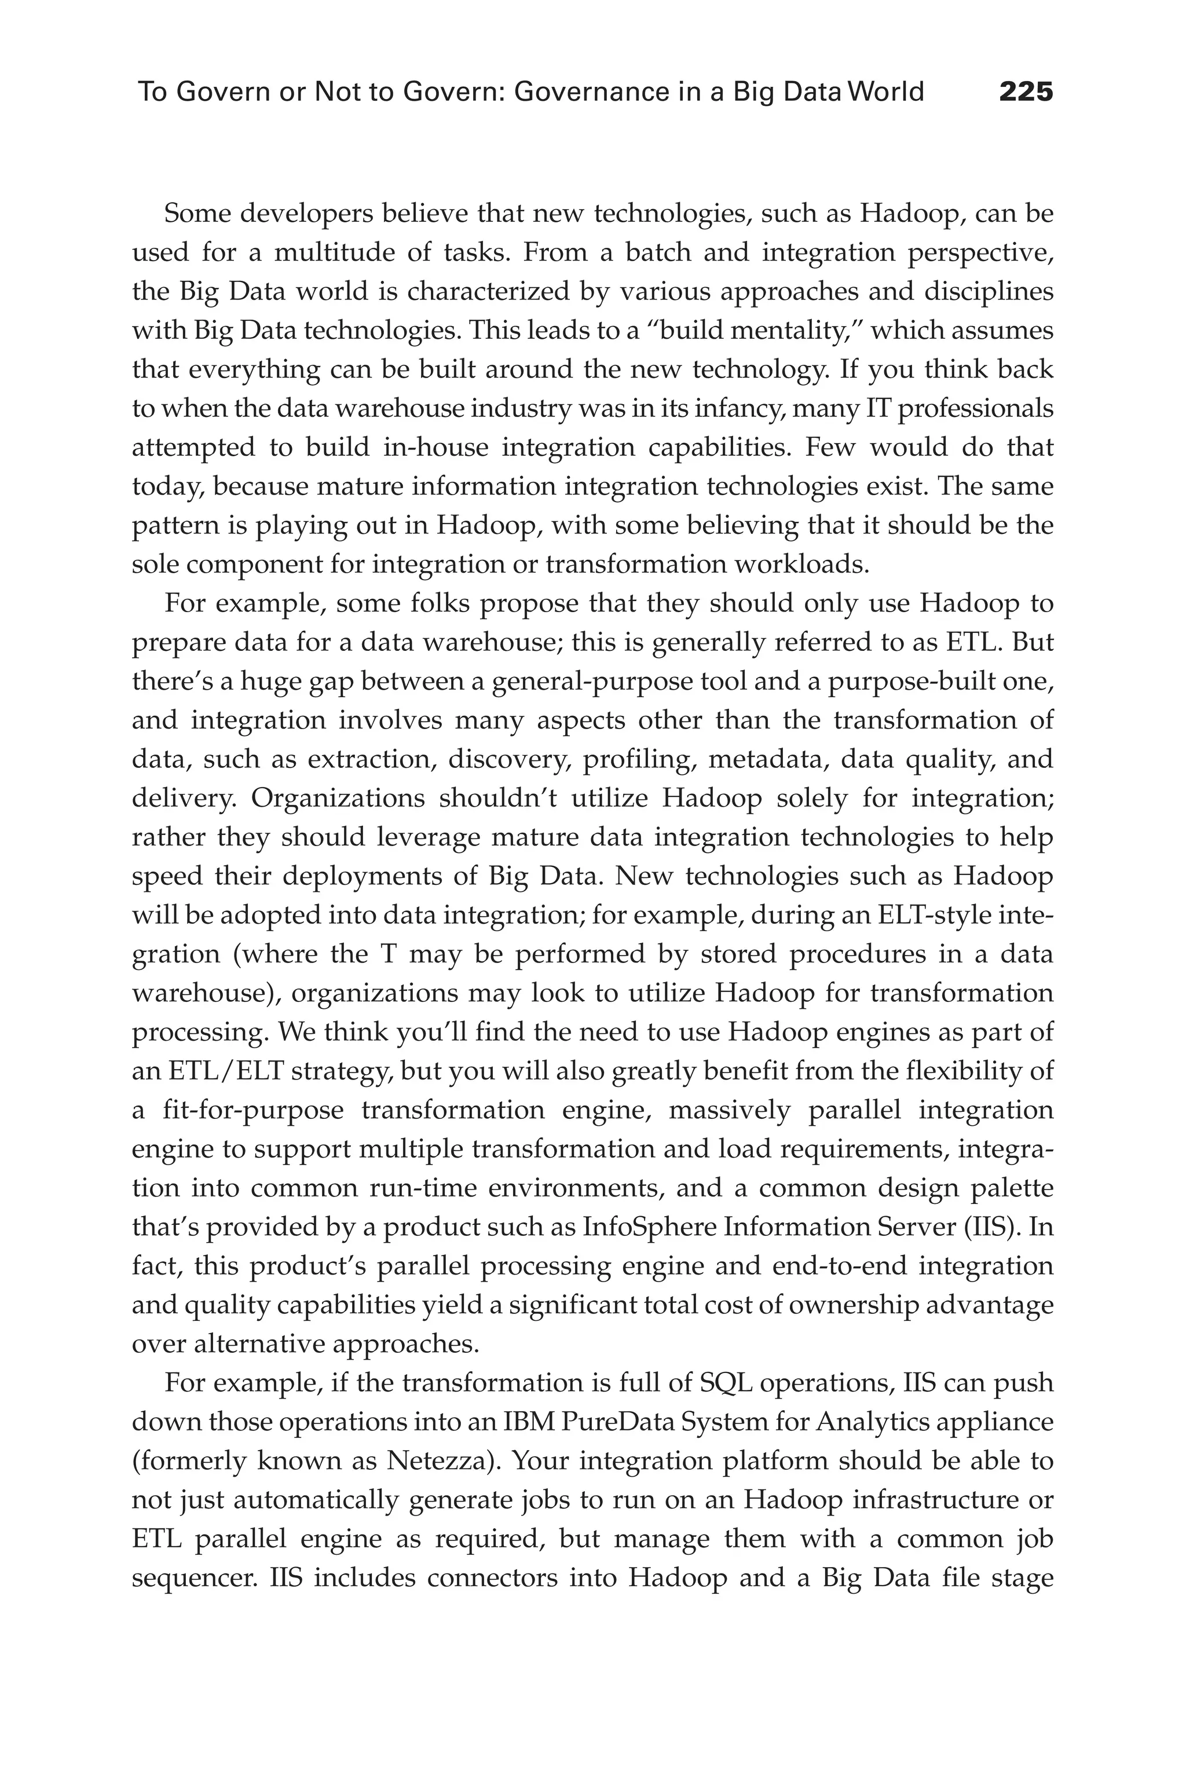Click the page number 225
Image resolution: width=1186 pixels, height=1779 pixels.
(x=1026, y=92)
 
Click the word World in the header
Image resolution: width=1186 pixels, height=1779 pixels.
(x=887, y=92)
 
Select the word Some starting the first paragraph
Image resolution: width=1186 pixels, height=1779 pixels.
(x=197, y=214)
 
